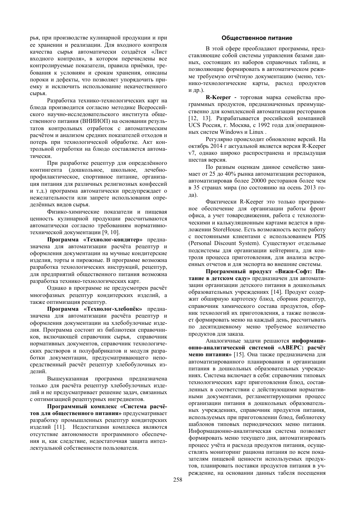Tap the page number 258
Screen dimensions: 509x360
tap(178, 480)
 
